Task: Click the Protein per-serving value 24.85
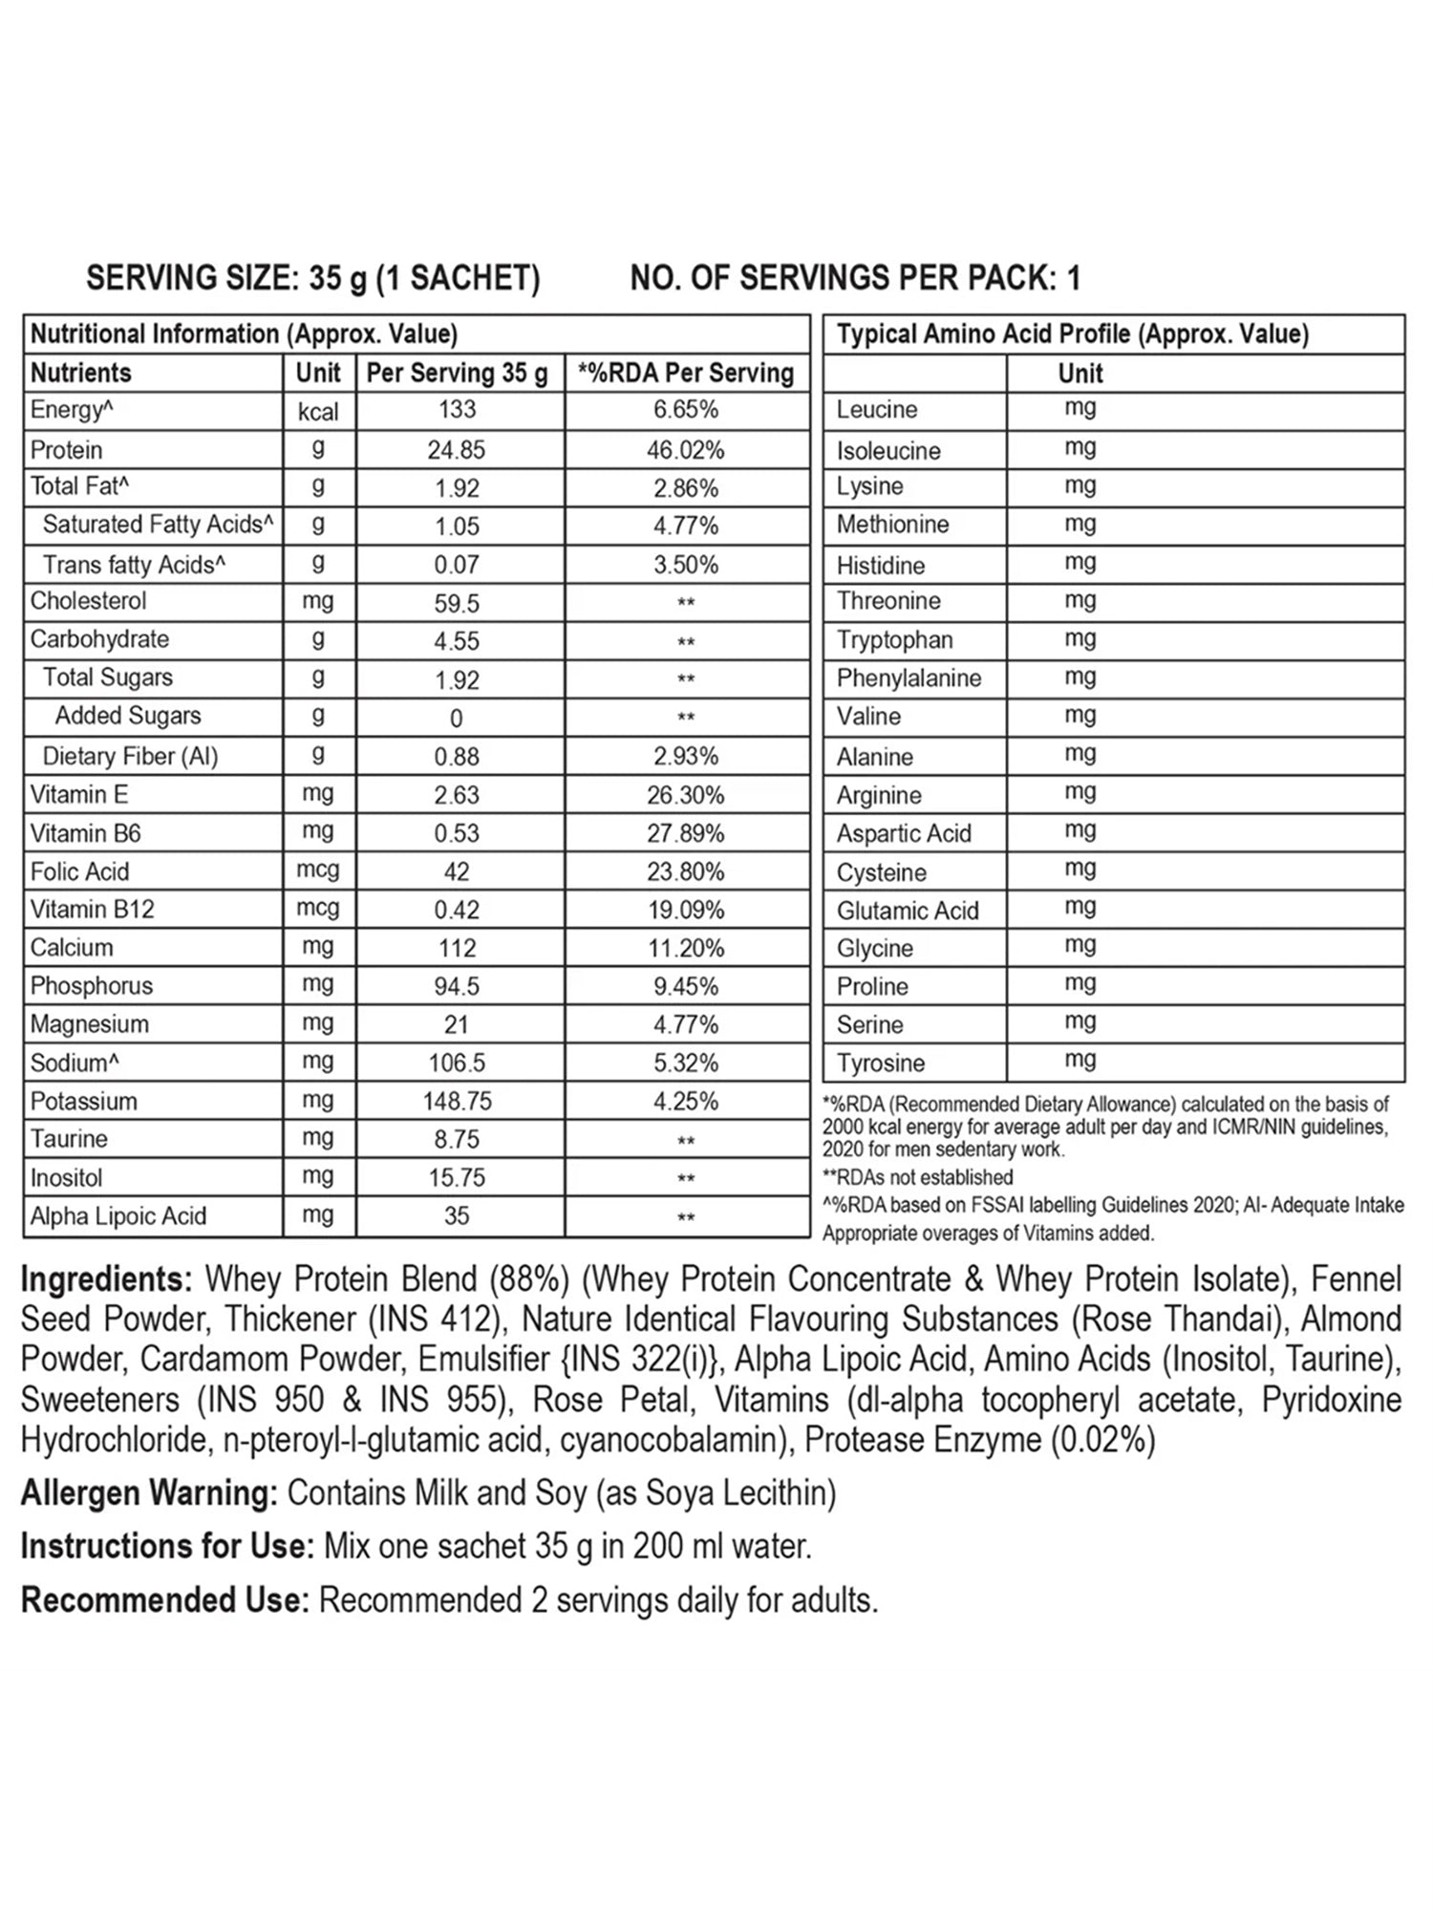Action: point(457,449)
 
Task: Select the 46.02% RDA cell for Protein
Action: point(686,449)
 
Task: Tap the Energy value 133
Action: point(457,410)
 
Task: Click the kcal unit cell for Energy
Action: point(318,411)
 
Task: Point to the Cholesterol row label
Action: point(89,601)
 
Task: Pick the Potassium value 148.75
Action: point(457,1101)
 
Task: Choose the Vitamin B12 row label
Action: point(93,909)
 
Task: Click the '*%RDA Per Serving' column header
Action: point(686,373)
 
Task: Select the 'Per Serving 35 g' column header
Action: point(457,373)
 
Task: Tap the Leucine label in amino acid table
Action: point(877,410)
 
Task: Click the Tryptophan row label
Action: point(894,639)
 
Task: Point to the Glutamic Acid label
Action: point(908,911)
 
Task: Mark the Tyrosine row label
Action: point(881,1063)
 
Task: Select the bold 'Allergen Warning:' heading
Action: point(149,1492)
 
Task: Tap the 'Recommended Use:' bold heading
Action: point(165,1600)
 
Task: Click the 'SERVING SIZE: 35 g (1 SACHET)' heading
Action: point(313,278)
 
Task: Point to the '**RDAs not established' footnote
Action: point(917,1177)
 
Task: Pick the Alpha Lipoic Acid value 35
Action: point(457,1215)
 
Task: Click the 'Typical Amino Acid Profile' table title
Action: point(1072,334)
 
